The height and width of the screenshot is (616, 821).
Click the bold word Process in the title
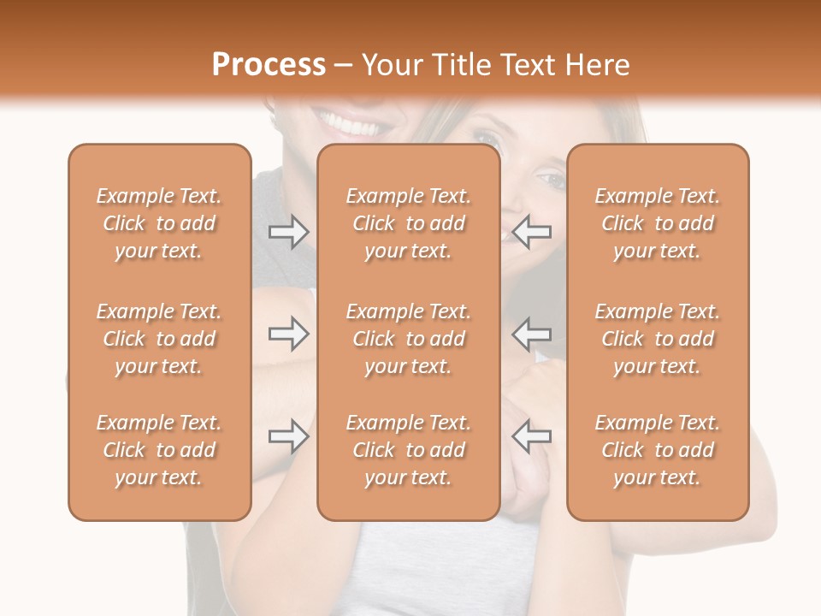tap(269, 64)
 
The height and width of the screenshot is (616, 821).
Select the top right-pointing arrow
tap(288, 232)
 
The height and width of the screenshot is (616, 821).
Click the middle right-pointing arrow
tap(288, 334)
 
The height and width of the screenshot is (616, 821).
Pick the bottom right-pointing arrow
tap(288, 436)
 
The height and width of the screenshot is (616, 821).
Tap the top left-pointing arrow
tap(531, 232)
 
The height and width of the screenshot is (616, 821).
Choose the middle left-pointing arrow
tap(531, 334)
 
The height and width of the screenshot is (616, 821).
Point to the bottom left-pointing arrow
tap(531, 436)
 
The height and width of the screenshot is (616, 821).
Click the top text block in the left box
tap(159, 223)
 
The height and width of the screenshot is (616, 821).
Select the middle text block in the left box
tap(159, 339)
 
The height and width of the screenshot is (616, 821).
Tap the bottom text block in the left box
tap(159, 450)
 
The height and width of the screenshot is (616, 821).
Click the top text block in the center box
tap(409, 223)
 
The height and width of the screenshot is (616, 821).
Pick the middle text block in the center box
tap(409, 339)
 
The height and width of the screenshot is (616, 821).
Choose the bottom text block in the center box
tap(409, 450)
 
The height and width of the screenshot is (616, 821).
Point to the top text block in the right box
tap(658, 223)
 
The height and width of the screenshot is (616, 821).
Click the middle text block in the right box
tap(658, 339)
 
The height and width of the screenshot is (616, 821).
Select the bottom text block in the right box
tap(658, 450)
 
